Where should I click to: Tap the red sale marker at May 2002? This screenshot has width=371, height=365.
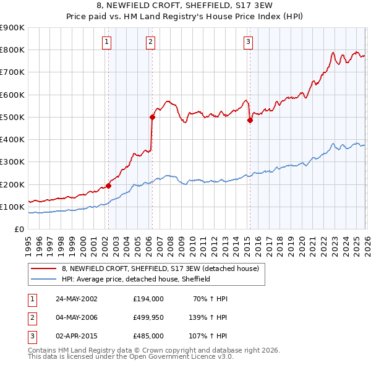click(x=108, y=185)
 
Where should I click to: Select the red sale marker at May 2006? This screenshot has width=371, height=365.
click(x=151, y=116)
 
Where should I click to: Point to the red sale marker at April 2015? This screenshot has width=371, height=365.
click(x=250, y=120)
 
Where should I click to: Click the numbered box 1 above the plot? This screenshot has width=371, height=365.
click(x=106, y=42)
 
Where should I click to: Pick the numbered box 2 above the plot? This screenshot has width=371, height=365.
click(x=150, y=42)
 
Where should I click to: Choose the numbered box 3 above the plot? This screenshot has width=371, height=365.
click(x=248, y=42)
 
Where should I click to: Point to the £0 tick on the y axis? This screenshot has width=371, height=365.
click(x=19, y=229)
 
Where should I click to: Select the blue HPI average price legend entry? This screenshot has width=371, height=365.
click(x=136, y=279)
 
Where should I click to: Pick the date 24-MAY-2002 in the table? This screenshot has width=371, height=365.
click(x=76, y=298)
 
